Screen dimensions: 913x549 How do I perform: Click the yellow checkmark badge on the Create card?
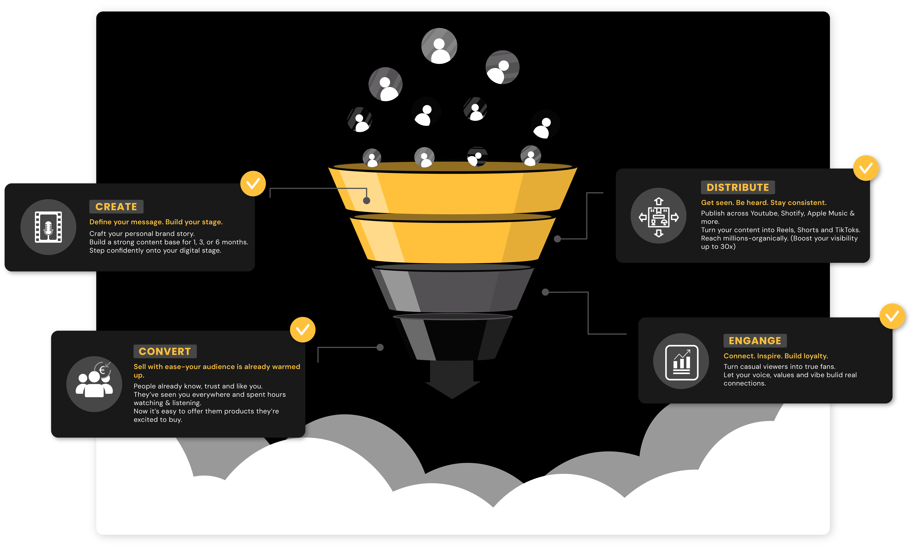tap(253, 183)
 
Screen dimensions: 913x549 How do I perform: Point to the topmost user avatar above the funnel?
tap(439, 46)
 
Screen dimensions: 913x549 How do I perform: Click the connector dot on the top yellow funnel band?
tap(366, 200)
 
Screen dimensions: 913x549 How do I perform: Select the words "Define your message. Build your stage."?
tap(156, 222)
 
